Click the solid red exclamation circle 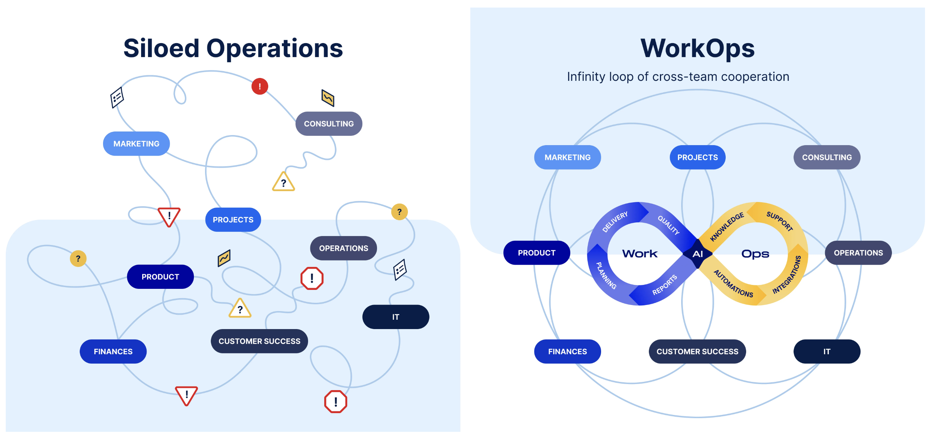[260, 86]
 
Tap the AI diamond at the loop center [697, 254]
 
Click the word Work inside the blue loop [640, 254]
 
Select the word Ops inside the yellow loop [755, 254]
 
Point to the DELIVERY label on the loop [615, 222]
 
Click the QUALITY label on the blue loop [668, 225]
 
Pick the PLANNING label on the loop [606, 275]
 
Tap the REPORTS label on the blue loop [664, 285]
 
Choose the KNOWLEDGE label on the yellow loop [727, 227]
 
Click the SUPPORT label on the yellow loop [780, 221]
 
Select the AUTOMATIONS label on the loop [733, 284]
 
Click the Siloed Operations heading [233, 48]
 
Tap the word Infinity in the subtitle [586, 76]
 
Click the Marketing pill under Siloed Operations [136, 143]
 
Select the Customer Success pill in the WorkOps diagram [697, 351]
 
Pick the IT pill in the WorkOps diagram [826, 351]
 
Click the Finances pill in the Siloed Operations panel [113, 351]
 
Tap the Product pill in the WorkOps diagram [536, 253]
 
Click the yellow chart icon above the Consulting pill [328, 98]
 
